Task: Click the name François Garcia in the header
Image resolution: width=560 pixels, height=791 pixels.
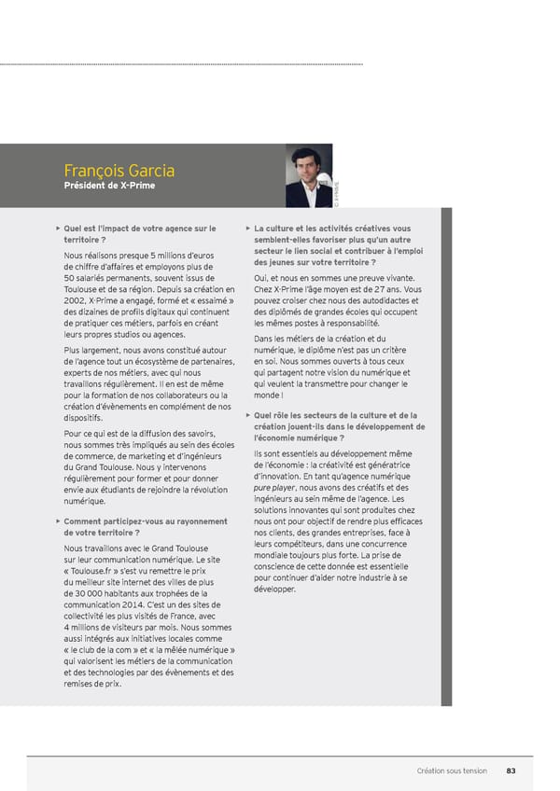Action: click(119, 171)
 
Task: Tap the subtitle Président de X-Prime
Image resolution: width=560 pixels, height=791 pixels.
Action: click(109, 185)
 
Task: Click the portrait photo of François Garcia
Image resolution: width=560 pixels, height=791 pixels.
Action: click(308, 176)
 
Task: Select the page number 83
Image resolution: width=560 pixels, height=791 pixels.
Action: click(511, 770)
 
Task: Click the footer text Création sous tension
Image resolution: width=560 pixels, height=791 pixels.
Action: click(452, 770)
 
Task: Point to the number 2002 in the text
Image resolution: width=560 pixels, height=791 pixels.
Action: click(77, 300)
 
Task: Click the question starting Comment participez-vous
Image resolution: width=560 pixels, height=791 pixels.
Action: click(145, 520)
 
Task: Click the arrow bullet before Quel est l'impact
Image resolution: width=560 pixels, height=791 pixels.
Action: click(57, 228)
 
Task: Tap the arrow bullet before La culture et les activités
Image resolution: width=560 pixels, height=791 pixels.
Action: click(246, 228)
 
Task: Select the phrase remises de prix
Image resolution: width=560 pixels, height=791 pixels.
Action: click(91, 684)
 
